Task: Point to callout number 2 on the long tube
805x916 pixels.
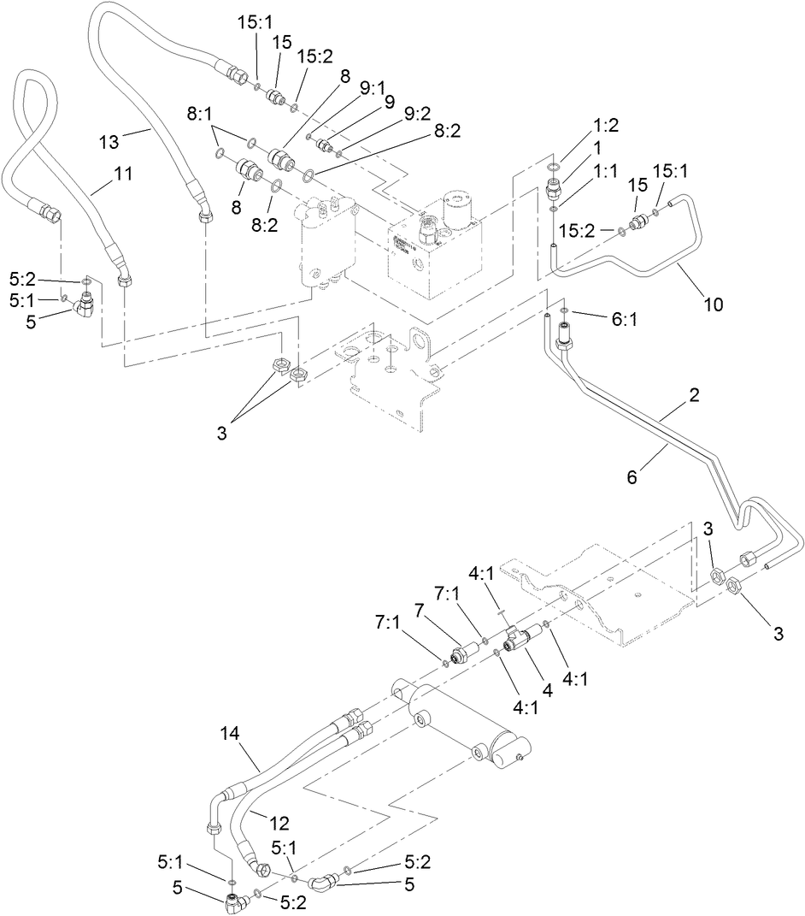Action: point(695,395)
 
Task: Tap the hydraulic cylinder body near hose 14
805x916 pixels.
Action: point(461,718)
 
